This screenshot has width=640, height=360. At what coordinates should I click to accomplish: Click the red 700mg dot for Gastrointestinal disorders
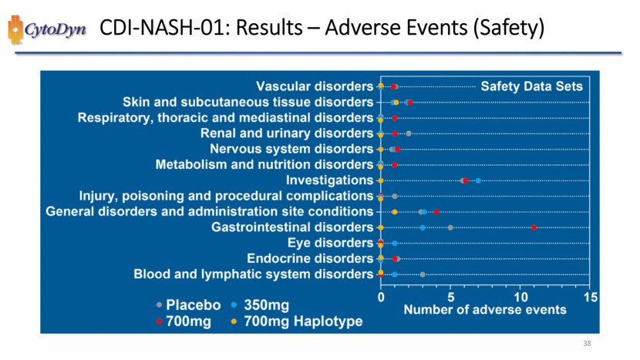[x=534, y=227]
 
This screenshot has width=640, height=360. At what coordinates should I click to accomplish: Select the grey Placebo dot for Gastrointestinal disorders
[x=450, y=227]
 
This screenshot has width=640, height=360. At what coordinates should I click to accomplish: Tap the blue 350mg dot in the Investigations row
[x=478, y=180]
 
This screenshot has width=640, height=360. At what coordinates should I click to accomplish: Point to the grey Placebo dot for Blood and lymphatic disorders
[x=423, y=274]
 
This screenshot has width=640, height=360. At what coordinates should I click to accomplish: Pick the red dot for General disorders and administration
[x=436, y=211]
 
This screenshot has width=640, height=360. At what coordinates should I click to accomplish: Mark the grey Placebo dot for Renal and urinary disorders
[x=409, y=133]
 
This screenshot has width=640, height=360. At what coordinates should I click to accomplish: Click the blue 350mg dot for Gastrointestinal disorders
[x=423, y=227]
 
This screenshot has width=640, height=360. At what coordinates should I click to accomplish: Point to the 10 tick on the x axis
[x=520, y=296]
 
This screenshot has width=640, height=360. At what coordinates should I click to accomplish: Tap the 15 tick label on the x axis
[x=591, y=296]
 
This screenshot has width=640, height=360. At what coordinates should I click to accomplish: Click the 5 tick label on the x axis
[x=450, y=296]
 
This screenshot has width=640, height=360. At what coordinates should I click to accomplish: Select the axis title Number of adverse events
[x=485, y=310]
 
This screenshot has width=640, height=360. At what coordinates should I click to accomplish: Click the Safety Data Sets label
[x=531, y=86]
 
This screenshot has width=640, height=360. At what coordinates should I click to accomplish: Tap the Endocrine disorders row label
[x=310, y=258]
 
